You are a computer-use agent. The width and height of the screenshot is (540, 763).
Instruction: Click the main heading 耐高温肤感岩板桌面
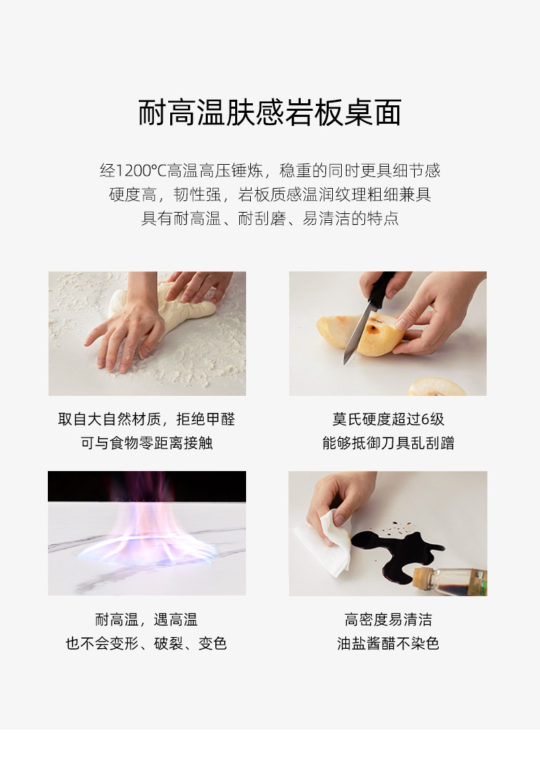(270, 113)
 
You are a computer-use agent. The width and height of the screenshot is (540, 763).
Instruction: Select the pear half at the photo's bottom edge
(437, 388)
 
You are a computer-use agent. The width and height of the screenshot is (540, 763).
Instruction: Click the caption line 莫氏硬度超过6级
(388, 419)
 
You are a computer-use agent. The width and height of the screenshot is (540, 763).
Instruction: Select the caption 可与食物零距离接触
(147, 443)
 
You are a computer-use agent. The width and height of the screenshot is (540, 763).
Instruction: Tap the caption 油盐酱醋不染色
(388, 643)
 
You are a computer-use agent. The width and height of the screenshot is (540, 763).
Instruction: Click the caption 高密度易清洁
(388, 620)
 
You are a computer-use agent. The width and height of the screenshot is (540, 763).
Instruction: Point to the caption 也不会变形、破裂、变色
(146, 643)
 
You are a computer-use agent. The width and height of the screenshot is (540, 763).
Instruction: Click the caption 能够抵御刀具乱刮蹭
(388, 443)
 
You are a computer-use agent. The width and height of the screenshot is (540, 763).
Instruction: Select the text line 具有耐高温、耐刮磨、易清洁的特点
(270, 219)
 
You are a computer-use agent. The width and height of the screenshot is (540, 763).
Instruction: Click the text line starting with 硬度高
(270, 195)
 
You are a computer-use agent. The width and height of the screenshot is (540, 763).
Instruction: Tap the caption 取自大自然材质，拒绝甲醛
(146, 419)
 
